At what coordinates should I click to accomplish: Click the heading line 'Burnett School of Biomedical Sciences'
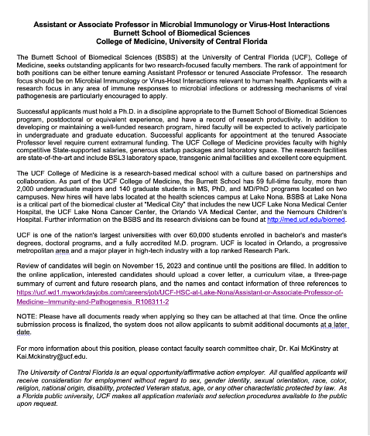(185, 22)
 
